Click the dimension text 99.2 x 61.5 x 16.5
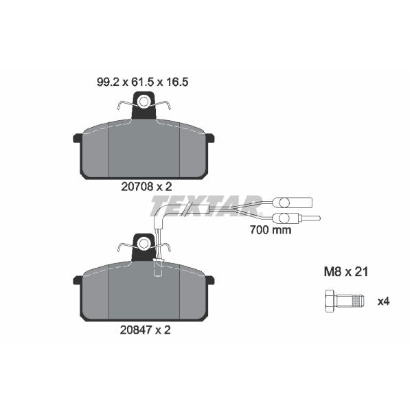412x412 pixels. (142, 82)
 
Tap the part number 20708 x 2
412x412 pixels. (146, 187)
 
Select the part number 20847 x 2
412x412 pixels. (146, 330)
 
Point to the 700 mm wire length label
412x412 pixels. (271, 230)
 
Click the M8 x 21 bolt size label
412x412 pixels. (346, 272)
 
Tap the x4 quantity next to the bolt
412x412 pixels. (383, 301)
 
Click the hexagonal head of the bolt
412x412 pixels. (330, 301)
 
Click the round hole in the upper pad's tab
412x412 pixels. (144, 102)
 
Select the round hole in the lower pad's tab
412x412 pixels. (144, 244)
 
